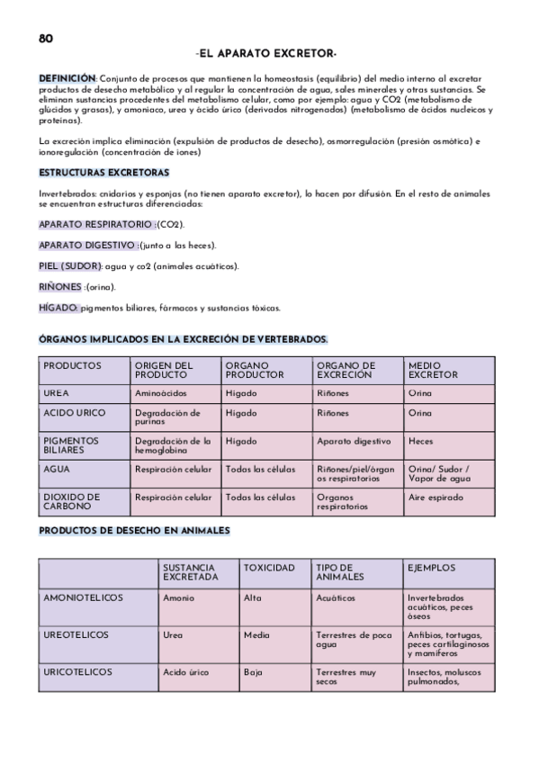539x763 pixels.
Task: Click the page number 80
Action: (x=46, y=38)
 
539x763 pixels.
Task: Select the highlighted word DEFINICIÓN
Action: (x=67, y=80)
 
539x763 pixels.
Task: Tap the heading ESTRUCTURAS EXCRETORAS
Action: (x=104, y=172)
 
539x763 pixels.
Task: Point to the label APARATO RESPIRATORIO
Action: (x=95, y=223)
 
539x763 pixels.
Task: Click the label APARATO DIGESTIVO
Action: (x=88, y=245)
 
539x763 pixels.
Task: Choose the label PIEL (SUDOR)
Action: (x=70, y=266)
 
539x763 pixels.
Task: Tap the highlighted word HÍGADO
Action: (x=58, y=308)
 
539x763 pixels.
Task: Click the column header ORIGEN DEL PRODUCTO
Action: (x=164, y=370)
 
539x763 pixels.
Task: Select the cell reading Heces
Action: (x=421, y=442)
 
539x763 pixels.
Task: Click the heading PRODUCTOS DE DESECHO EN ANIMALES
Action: (x=135, y=530)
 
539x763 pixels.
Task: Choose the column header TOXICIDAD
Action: (x=269, y=568)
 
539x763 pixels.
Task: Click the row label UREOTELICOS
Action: (x=76, y=634)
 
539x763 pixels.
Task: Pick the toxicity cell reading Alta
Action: (x=253, y=597)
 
